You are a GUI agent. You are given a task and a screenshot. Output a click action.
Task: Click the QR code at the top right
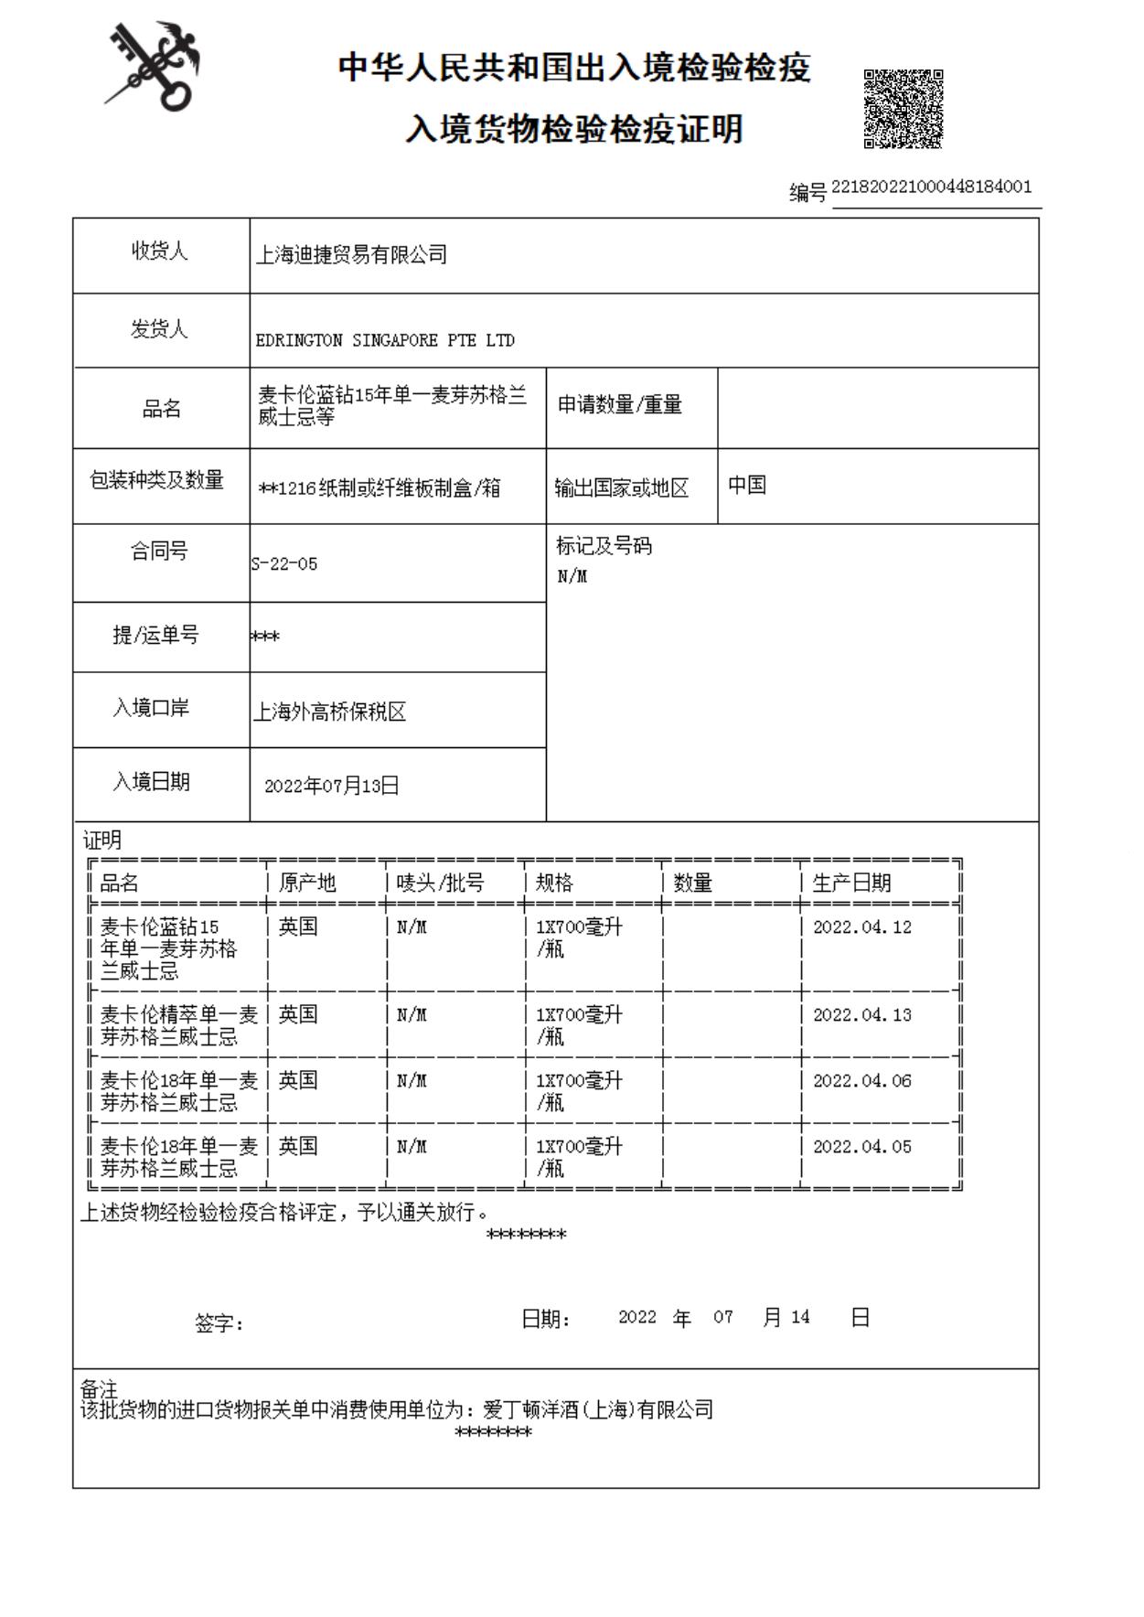click(x=903, y=108)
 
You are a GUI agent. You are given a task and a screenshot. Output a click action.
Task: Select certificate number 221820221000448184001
click(x=931, y=187)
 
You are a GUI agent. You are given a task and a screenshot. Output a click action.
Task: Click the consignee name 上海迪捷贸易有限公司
click(x=351, y=255)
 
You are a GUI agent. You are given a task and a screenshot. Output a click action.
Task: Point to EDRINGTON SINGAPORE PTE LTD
click(x=385, y=340)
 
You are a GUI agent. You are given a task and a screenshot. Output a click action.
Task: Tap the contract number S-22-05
click(x=285, y=564)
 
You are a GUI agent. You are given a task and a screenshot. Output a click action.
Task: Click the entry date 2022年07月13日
click(x=331, y=786)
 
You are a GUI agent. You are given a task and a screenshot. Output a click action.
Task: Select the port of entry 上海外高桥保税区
click(x=329, y=712)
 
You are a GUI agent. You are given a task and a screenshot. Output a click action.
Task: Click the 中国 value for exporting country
click(x=746, y=485)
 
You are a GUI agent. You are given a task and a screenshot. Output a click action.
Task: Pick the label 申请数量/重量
click(x=620, y=404)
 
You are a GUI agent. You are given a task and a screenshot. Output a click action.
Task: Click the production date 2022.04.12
click(x=861, y=927)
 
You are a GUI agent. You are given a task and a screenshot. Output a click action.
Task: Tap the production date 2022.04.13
click(x=861, y=1015)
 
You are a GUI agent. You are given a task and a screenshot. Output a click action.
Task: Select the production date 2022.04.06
click(x=861, y=1081)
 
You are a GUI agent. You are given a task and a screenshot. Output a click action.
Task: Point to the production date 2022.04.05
click(x=861, y=1147)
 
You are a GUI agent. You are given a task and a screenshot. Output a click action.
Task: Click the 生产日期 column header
click(x=850, y=883)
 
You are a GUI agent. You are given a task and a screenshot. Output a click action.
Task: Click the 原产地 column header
click(x=307, y=883)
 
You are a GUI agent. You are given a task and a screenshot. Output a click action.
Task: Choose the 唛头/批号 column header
click(x=440, y=883)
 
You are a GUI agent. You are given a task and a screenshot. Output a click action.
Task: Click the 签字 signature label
click(x=219, y=1323)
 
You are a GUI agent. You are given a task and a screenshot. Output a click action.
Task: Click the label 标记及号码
click(x=604, y=546)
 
